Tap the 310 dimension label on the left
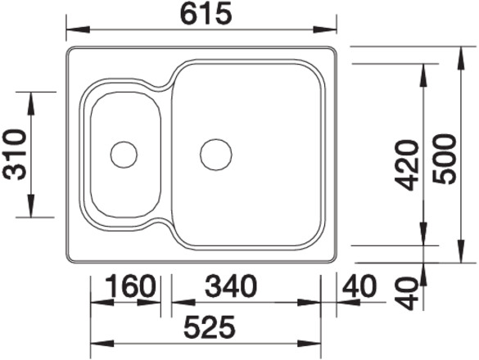coord(13,155)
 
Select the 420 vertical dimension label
coord(405,165)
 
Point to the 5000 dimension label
coord(444,160)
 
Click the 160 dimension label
coord(130,286)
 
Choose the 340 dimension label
coord(231,286)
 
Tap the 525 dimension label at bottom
coord(210,327)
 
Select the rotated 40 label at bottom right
coord(408,293)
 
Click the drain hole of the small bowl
coord(124,155)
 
